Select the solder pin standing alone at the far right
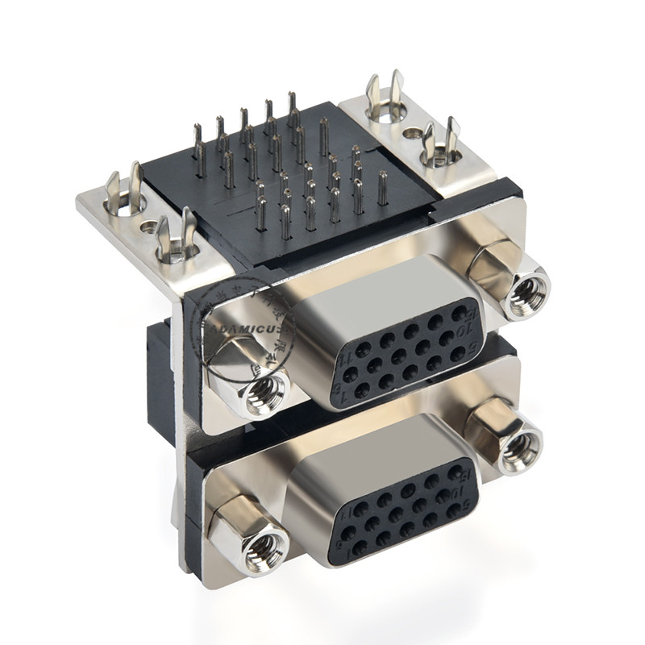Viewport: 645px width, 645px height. click(x=382, y=188)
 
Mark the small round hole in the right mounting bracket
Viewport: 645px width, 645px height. click(x=412, y=133)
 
